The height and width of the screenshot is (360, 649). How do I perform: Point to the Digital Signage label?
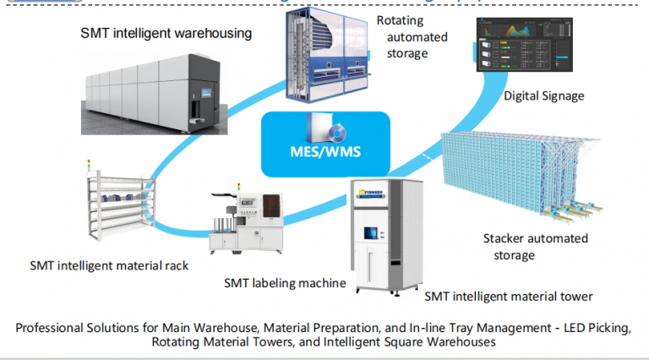click(x=543, y=95)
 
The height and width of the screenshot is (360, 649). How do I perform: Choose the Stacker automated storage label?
click(x=535, y=246)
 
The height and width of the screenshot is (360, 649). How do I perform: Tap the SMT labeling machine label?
click(x=286, y=282)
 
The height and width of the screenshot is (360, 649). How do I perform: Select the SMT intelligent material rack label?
click(x=109, y=265)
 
